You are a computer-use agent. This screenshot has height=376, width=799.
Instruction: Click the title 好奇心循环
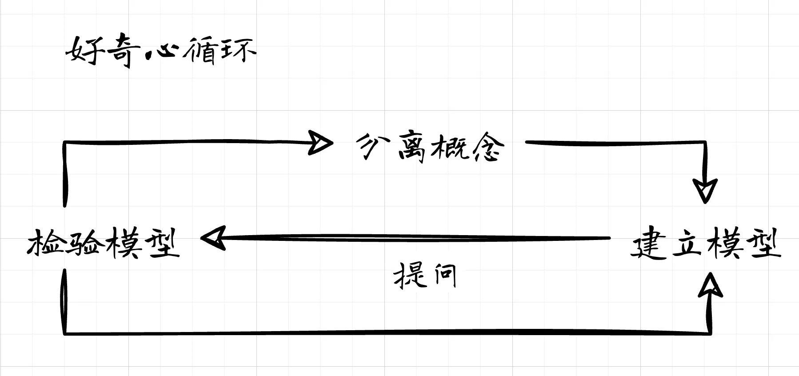click(161, 51)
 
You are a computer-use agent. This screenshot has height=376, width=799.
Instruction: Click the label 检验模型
click(104, 243)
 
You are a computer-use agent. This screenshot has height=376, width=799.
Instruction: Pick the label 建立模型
click(706, 243)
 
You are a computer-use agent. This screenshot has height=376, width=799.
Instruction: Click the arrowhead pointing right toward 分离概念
click(320, 143)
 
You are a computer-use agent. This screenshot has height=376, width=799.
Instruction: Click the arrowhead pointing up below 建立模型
click(710, 285)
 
